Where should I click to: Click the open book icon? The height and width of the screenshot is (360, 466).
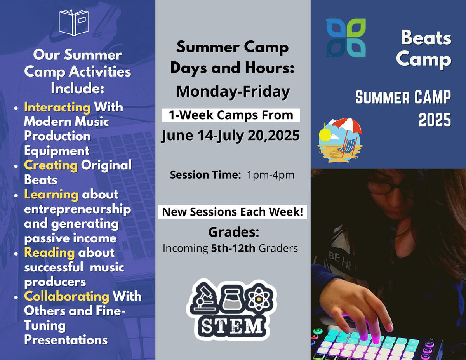click(x=74, y=23)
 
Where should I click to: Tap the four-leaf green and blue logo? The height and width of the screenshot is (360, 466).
click(x=346, y=38)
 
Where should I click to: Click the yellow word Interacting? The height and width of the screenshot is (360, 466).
click(x=57, y=107)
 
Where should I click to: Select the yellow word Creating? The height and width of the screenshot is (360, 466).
click(x=51, y=165)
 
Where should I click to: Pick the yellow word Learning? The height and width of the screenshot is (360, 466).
click(x=51, y=195)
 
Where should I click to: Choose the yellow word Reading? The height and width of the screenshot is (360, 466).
click(x=49, y=253)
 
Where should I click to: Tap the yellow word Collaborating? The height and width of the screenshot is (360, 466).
click(x=66, y=296)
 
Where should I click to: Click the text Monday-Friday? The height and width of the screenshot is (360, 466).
click(x=233, y=92)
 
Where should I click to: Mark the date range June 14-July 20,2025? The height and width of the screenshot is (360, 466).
click(x=231, y=136)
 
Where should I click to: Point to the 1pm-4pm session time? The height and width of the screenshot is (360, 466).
click(x=271, y=175)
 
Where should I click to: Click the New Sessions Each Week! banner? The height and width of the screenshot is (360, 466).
click(x=232, y=212)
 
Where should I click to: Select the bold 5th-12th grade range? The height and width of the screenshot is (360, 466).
click(x=233, y=248)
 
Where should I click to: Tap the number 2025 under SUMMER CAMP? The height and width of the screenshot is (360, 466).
click(x=435, y=121)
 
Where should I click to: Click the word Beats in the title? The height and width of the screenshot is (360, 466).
click(x=426, y=38)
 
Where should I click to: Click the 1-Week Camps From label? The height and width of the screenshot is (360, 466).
click(x=231, y=115)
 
